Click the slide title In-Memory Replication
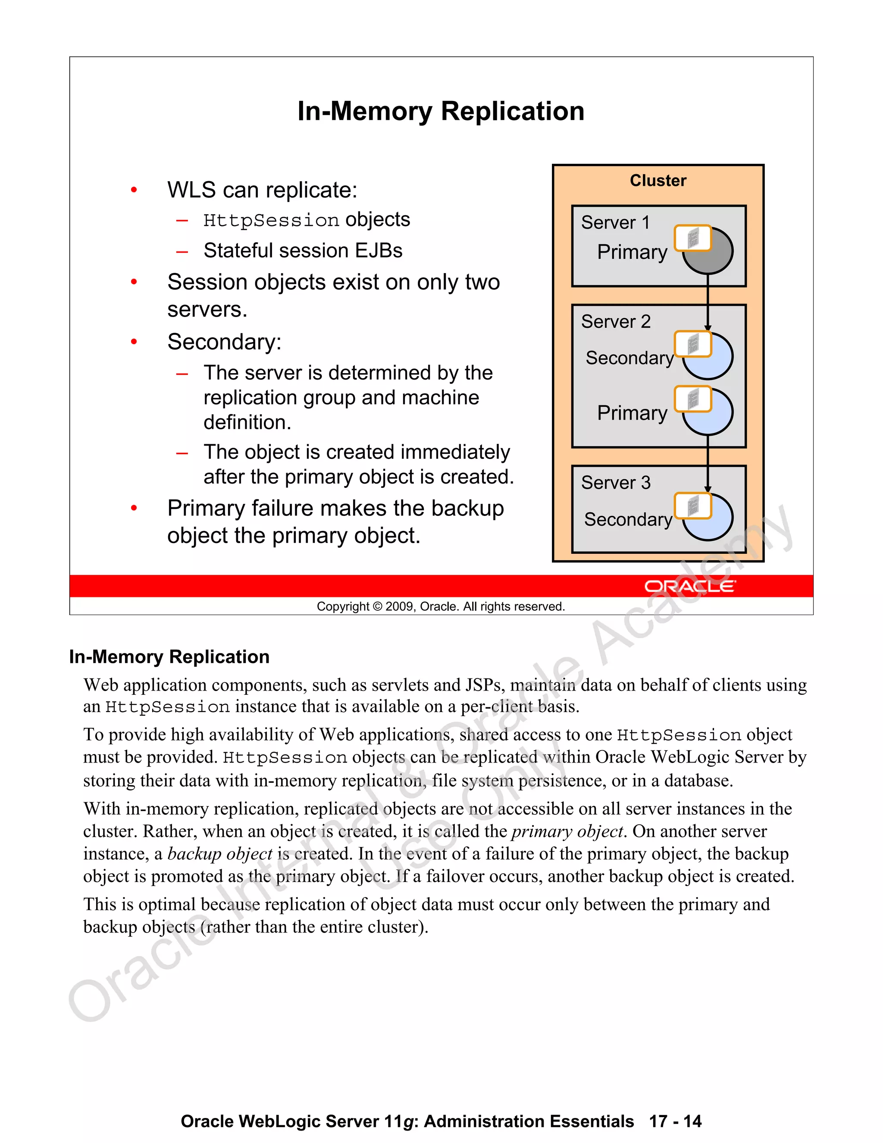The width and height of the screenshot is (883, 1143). click(x=441, y=111)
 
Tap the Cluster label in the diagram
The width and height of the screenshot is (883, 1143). click(x=658, y=181)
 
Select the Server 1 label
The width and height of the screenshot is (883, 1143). click(x=615, y=223)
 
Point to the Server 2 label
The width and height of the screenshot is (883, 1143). click(x=616, y=321)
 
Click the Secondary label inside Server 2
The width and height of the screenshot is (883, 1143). click(x=629, y=358)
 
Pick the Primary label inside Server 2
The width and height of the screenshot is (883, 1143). click(x=632, y=413)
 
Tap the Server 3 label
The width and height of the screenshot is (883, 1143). click(x=616, y=483)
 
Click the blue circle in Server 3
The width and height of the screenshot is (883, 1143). click(x=714, y=523)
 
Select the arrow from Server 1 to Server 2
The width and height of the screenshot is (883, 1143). click(x=707, y=301)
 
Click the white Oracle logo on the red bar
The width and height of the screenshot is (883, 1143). click(x=689, y=586)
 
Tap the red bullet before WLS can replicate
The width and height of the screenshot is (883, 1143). click(x=134, y=190)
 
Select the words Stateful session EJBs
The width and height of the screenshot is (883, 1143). click(x=303, y=251)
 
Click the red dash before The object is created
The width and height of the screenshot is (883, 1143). click(x=182, y=453)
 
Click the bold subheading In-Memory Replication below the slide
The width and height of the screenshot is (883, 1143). click(x=169, y=657)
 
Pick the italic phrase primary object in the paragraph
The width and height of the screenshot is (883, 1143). click(x=567, y=832)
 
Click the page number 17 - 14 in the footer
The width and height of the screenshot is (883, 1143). click(x=675, y=1121)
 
